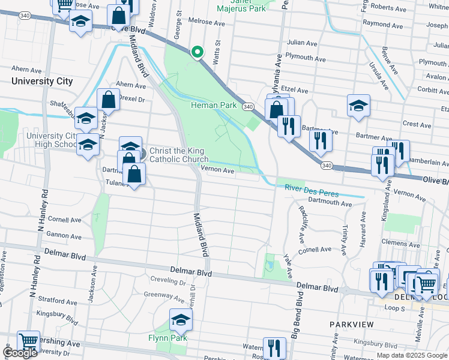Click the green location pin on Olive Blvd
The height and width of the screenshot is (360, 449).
click(197, 53)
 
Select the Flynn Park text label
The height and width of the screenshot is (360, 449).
click(167, 338)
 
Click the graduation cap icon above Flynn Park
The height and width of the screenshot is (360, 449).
click(180, 320)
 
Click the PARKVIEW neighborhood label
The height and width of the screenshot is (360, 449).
click(351, 325)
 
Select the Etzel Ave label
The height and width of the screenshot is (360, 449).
click(294, 91)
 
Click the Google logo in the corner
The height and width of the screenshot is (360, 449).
click(20, 353)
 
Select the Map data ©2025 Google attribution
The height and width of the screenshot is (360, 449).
click(411, 355)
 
